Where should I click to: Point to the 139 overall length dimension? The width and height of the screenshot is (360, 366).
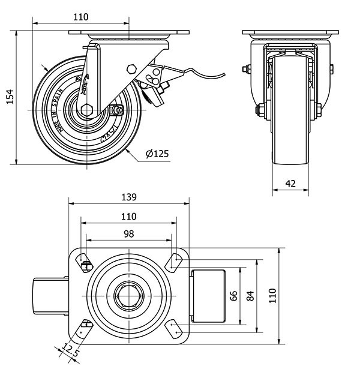click(x=129, y=197)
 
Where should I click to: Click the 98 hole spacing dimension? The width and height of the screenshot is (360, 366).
click(x=129, y=233)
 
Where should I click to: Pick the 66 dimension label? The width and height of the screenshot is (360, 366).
click(x=234, y=295)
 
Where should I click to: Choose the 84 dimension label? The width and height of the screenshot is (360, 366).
click(x=250, y=295)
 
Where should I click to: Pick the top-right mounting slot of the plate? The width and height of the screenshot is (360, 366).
click(x=174, y=261)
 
